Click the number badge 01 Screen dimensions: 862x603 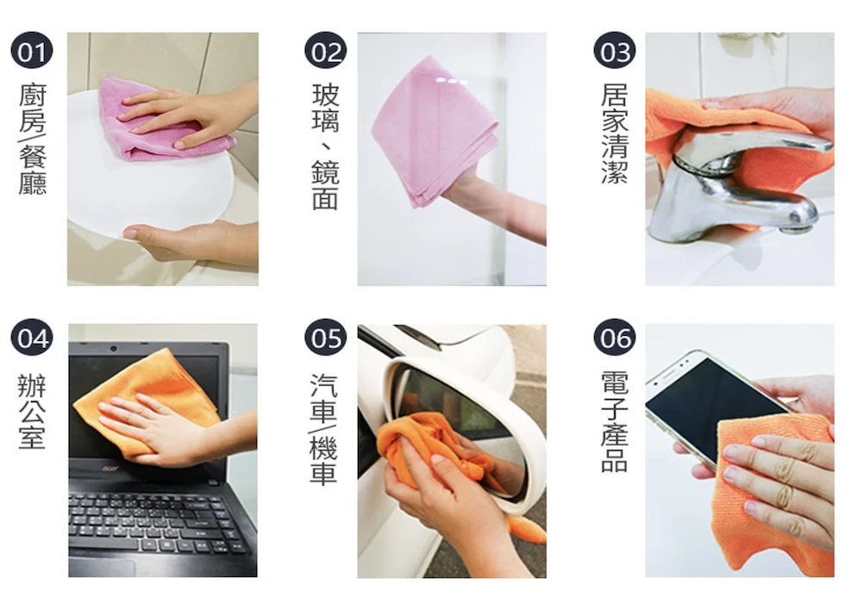31,51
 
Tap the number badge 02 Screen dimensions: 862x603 326,51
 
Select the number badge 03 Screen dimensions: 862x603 615,51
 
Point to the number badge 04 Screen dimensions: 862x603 31,337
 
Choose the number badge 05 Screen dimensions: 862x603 326,337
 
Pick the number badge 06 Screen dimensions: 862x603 615,337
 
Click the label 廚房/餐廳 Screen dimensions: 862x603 33,140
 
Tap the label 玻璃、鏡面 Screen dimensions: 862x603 326,147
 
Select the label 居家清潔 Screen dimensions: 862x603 615,134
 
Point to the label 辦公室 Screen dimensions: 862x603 32,412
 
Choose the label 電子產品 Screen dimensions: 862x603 615,422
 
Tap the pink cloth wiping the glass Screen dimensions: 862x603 434,132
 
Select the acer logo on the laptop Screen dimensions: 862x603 111,468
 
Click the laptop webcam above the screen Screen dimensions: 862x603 113,348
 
